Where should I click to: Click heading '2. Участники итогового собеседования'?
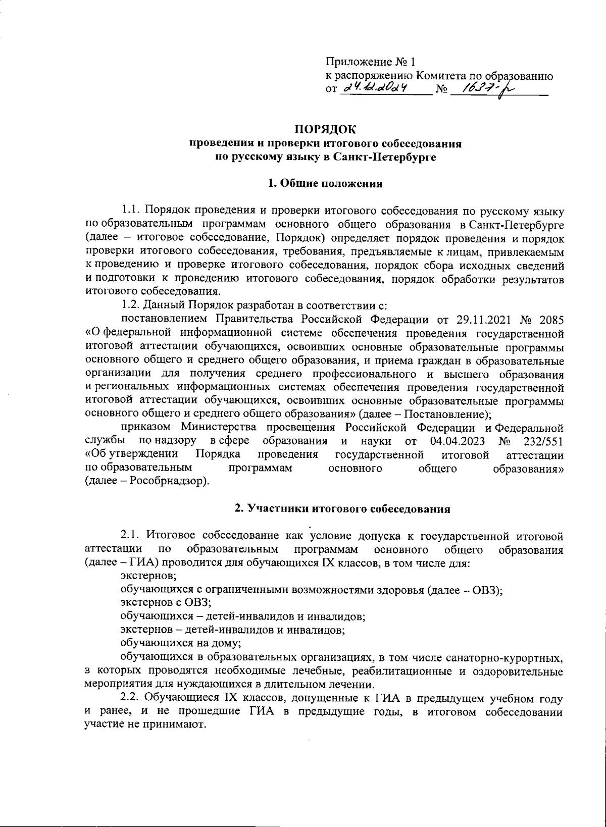pos(342,509)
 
